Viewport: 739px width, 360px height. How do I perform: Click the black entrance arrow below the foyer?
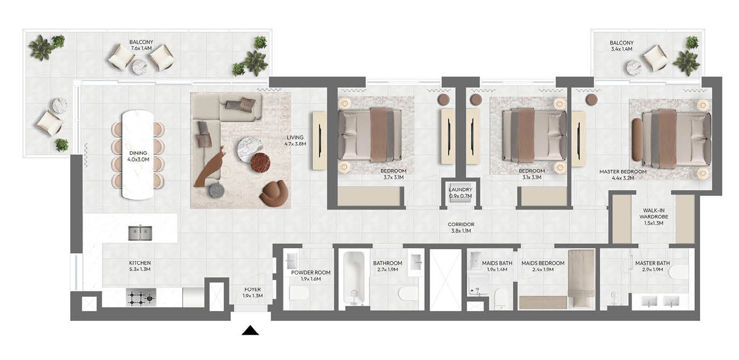(250, 330)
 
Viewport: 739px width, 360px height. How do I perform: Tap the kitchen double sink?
(140, 233)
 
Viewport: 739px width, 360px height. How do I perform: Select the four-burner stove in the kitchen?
(141, 298)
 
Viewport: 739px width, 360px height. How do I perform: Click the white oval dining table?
(138, 155)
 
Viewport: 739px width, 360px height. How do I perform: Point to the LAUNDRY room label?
(460, 189)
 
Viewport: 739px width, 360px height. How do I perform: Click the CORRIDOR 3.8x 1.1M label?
(461, 227)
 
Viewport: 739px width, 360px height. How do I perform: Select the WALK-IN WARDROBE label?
(653, 213)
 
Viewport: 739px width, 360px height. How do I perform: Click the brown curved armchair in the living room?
(275, 193)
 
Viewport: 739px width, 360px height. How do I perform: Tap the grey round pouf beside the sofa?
(217, 190)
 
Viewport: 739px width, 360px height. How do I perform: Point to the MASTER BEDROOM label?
(623, 172)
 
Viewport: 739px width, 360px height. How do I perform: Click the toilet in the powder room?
(299, 293)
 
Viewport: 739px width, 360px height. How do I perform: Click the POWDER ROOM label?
(311, 272)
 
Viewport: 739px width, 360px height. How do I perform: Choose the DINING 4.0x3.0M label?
(138, 156)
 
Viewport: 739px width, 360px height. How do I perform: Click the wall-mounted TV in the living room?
(320, 140)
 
